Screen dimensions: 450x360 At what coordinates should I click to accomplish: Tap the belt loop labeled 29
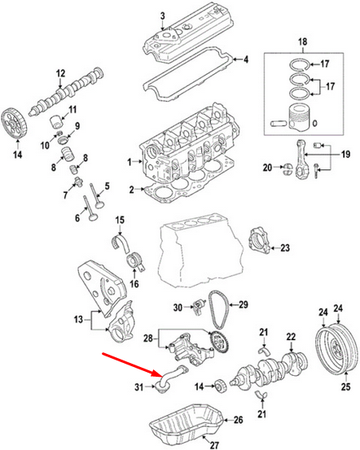tap(217, 316)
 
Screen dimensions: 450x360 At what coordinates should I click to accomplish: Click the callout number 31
tap(138, 386)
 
